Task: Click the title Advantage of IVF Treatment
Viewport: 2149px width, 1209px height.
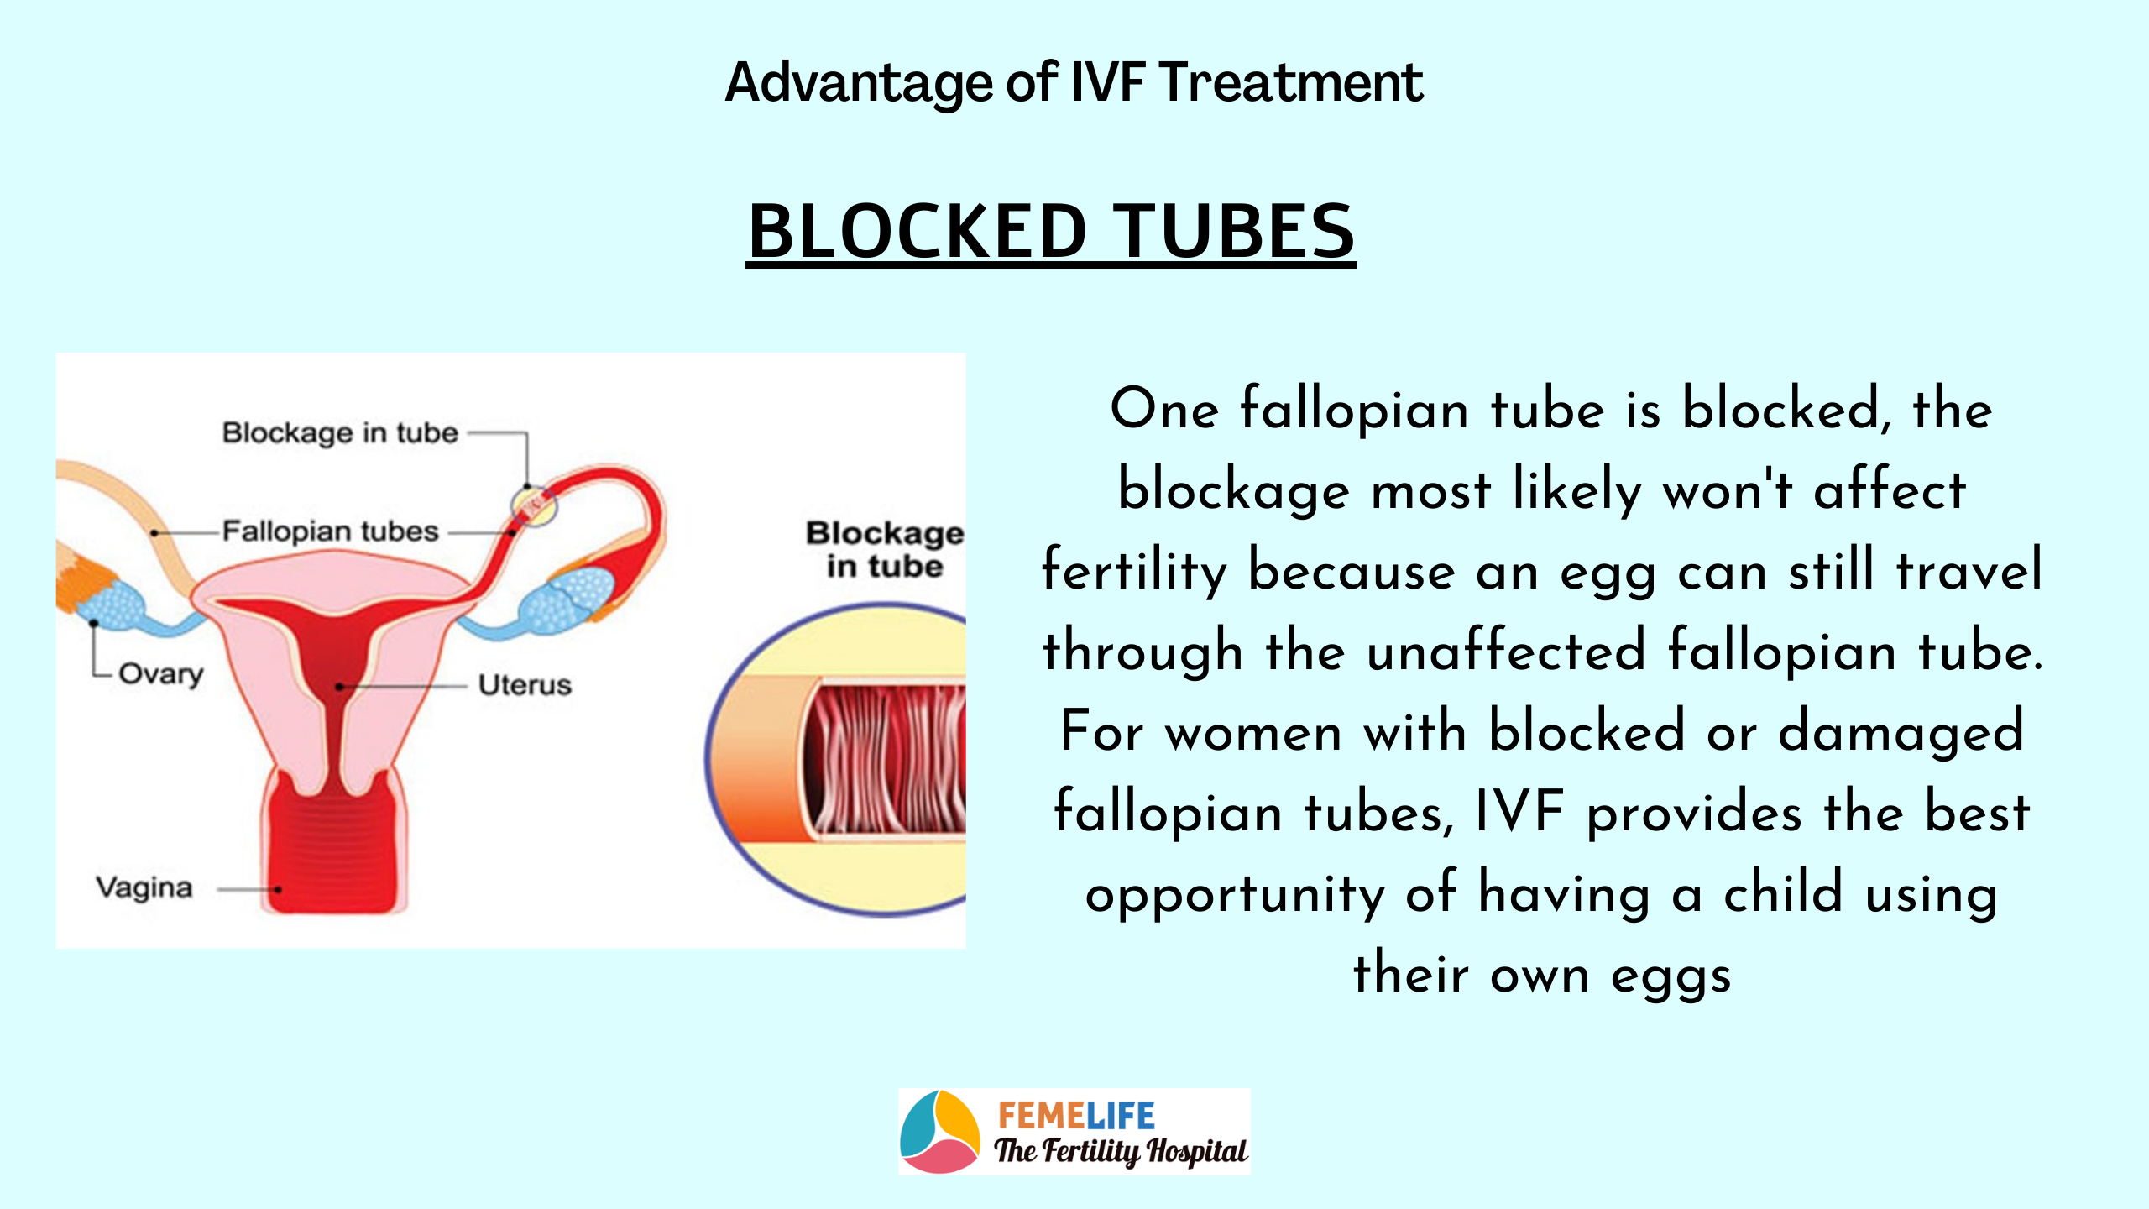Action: tap(1074, 83)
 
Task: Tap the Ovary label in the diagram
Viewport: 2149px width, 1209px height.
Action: tap(161, 674)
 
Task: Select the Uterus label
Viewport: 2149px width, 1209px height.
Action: tap(525, 685)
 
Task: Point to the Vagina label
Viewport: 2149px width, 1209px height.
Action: tap(144, 887)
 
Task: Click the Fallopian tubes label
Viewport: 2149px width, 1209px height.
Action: tap(330, 531)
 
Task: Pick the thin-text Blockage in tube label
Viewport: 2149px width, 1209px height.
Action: tap(340, 433)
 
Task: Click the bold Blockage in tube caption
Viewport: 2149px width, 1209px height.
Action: tap(885, 550)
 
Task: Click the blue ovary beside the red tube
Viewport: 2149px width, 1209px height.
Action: tap(567, 599)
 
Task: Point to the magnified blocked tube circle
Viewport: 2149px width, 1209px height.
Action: tap(836, 760)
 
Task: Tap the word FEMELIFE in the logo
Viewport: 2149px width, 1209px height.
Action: tap(1076, 1116)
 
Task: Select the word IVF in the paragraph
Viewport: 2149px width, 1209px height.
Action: tap(1519, 813)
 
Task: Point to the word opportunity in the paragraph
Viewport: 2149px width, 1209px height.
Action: tap(1235, 895)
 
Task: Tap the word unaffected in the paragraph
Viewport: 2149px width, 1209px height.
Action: tap(1506, 651)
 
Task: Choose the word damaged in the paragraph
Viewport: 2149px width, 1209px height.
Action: tap(1901, 733)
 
